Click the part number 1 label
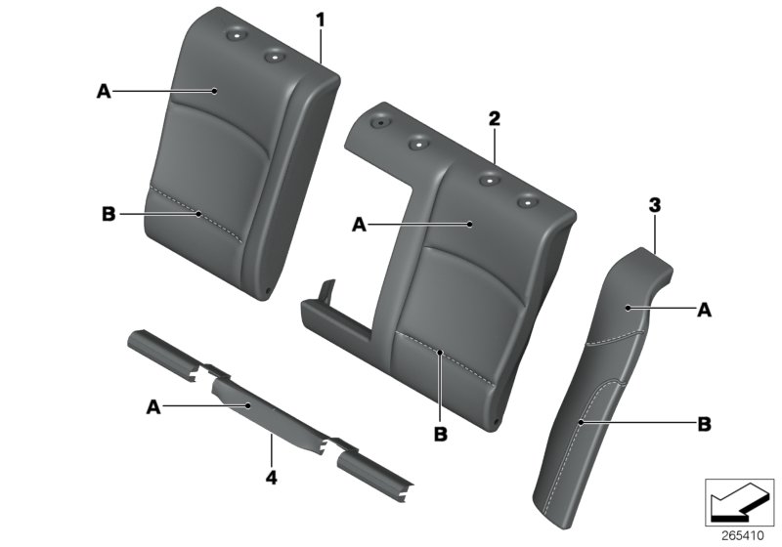pos(321,20)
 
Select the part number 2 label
pos(494,118)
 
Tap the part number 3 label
pos(654,205)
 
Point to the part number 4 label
pos(271,478)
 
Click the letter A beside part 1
pos(104,91)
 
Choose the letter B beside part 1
pos(109,214)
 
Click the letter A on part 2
pos(359,226)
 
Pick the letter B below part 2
pos(441,434)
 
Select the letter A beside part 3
pos(704,311)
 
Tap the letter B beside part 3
pos(704,425)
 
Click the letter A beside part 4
pos(153,407)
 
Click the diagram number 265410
pos(743,535)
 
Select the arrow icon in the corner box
pos(737,501)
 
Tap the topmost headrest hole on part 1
pos(234,35)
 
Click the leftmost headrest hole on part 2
pos(380,122)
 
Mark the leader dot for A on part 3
pos(629,309)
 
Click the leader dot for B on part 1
pos(198,214)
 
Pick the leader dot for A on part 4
pos(248,406)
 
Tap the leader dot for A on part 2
pos(470,225)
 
